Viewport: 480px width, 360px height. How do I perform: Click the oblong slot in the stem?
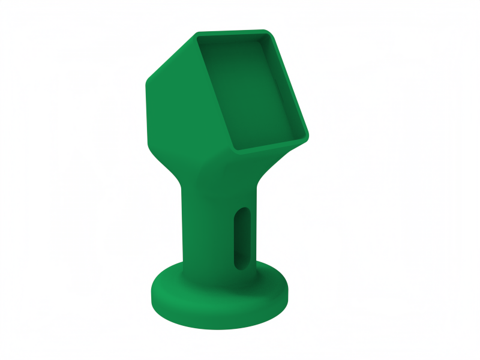(242, 238)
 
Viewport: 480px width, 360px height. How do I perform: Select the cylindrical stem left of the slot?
(207, 234)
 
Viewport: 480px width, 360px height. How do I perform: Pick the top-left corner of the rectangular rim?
(197, 35)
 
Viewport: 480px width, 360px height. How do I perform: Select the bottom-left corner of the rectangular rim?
(233, 149)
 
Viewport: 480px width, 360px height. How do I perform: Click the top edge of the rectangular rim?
(234, 33)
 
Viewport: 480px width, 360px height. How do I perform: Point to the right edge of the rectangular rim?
(290, 84)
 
